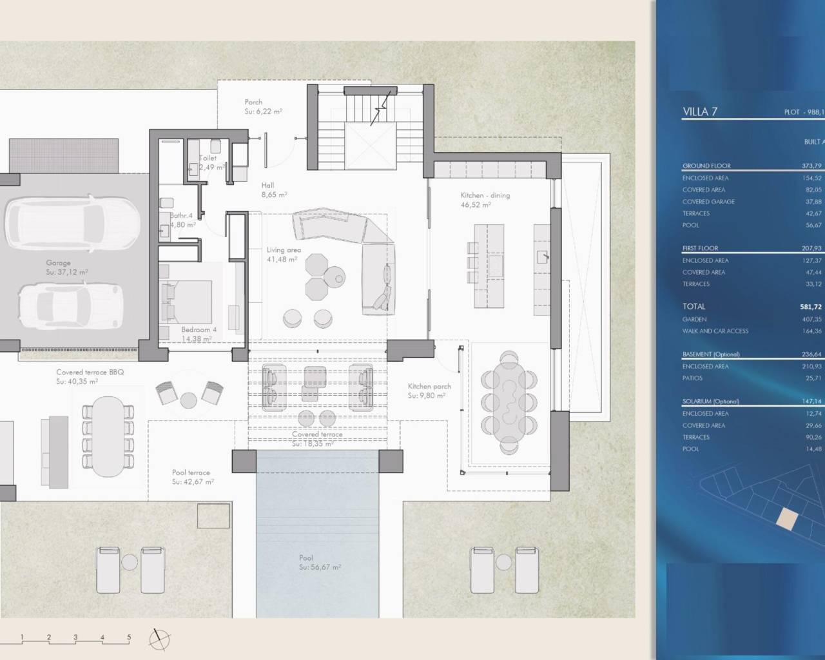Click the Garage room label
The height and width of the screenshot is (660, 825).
[x=58, y=263]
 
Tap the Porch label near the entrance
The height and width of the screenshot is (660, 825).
[x=253, y=102]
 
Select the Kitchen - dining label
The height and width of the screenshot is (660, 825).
[x=485, y=195]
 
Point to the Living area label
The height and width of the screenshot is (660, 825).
[x=284, y=250]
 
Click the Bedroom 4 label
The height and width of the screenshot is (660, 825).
[x=199, y=329]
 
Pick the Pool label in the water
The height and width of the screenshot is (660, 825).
[x=306, y=558]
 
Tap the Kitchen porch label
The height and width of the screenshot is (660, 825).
[x=429, y=387]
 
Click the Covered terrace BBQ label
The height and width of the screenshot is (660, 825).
[x=90, y=373]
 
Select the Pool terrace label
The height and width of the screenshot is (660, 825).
[x=191, y=472]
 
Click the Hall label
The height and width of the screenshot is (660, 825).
[x=268, y=186]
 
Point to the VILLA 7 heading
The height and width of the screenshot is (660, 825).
[x=700, y=112]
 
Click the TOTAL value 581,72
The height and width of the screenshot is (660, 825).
[x=811, y=307]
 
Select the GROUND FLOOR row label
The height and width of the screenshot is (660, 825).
[x=706, y=166]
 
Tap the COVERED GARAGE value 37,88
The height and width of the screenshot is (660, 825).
[x=812, y=202]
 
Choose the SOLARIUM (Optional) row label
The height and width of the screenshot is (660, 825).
[x=710, y=401]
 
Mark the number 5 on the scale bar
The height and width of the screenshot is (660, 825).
[x=129, y=637]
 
